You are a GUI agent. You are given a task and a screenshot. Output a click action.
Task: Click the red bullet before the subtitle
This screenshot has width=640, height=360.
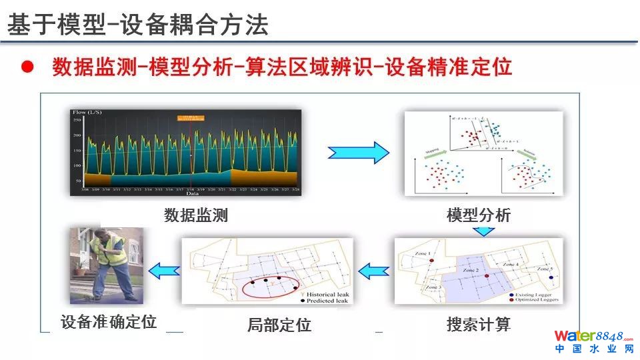(x=27, y=67)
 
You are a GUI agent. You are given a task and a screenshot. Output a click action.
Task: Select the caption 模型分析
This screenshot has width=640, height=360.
(x=479, y=215)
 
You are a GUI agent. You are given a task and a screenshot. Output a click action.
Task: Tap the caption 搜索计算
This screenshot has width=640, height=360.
(x=479, y=325)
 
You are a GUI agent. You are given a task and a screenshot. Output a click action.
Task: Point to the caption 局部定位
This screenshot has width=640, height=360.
(x=279, y=325)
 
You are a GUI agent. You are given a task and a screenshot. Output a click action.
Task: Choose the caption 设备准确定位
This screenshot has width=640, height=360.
(x=109, y=321)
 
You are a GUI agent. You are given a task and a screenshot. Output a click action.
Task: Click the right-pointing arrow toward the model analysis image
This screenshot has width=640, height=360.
(x=358, y=152)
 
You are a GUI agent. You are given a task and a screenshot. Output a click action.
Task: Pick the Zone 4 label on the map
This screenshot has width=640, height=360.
(x=511, y=265)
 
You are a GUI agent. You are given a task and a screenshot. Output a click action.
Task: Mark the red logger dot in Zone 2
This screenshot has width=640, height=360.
(x=487, y=275)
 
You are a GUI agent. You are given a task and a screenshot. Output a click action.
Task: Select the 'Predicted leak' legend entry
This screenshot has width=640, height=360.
(x=326, y=301)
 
